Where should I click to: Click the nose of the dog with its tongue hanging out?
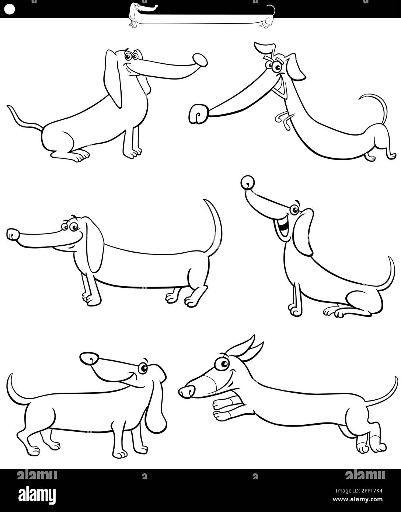(200, 60)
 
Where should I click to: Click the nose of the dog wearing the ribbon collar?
(199, 114)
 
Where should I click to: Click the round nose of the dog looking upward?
(248, 182)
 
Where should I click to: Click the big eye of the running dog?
(222, 364)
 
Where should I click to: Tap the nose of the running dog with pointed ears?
(187, 392)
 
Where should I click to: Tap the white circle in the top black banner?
(10, 10)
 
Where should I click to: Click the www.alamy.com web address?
(358, 499)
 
